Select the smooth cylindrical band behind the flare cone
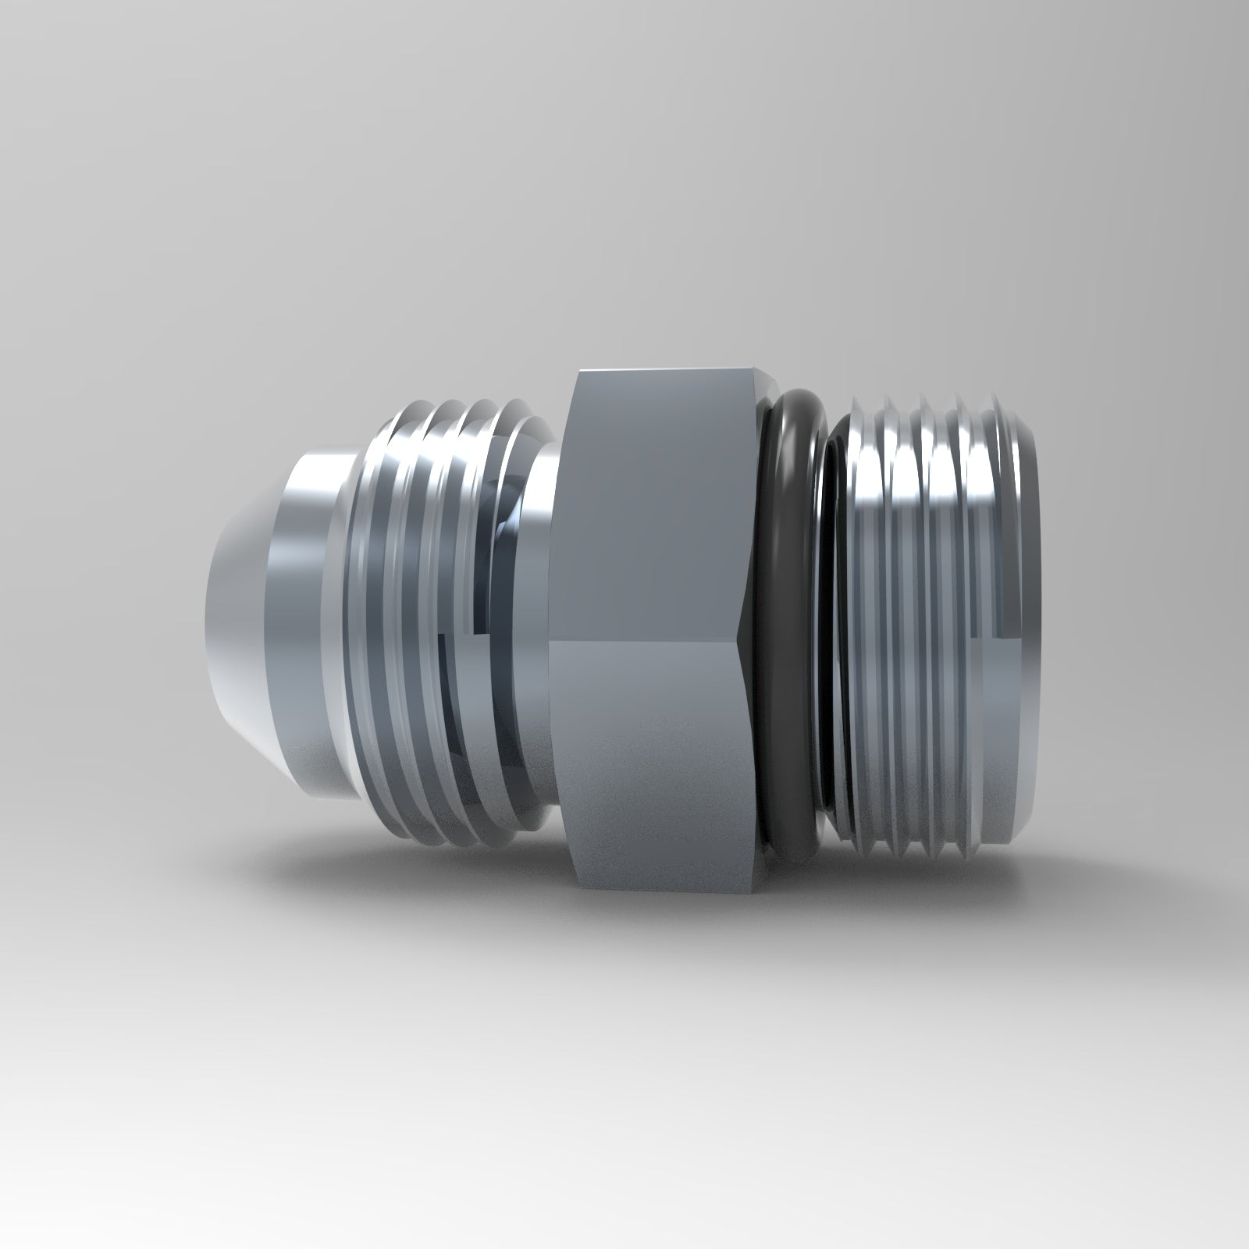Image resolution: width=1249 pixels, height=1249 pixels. click(308, 617)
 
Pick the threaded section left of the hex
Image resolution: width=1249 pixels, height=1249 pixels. click(437, 624)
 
